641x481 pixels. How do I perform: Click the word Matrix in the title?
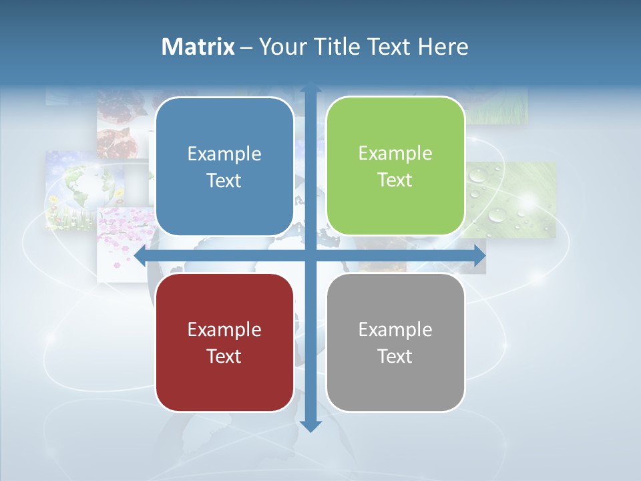tap(198, 47)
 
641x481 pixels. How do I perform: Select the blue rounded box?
tap(224, 166)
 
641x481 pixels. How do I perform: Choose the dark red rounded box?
tap(224, 342)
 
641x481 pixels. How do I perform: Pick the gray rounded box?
tap(395, 342)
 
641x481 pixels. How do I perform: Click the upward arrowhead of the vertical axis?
tap(310, 89)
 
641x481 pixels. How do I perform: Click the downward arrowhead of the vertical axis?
tap(310, 426)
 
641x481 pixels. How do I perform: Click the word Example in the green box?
tap(395, 153)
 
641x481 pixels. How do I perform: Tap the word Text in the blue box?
tap(224, 180)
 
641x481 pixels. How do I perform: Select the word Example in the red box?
tap(224, 329)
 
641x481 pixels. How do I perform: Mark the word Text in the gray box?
tap(395, 356)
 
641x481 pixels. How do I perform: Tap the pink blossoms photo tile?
tap(124, 240)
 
